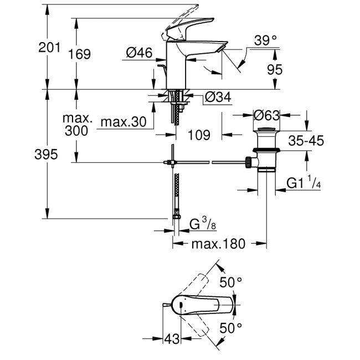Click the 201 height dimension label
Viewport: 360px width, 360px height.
[50, 48]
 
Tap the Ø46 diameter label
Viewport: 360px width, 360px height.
[139, 53]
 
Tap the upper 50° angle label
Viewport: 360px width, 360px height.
[232, 282]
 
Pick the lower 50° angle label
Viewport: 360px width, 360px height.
[232, 328]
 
